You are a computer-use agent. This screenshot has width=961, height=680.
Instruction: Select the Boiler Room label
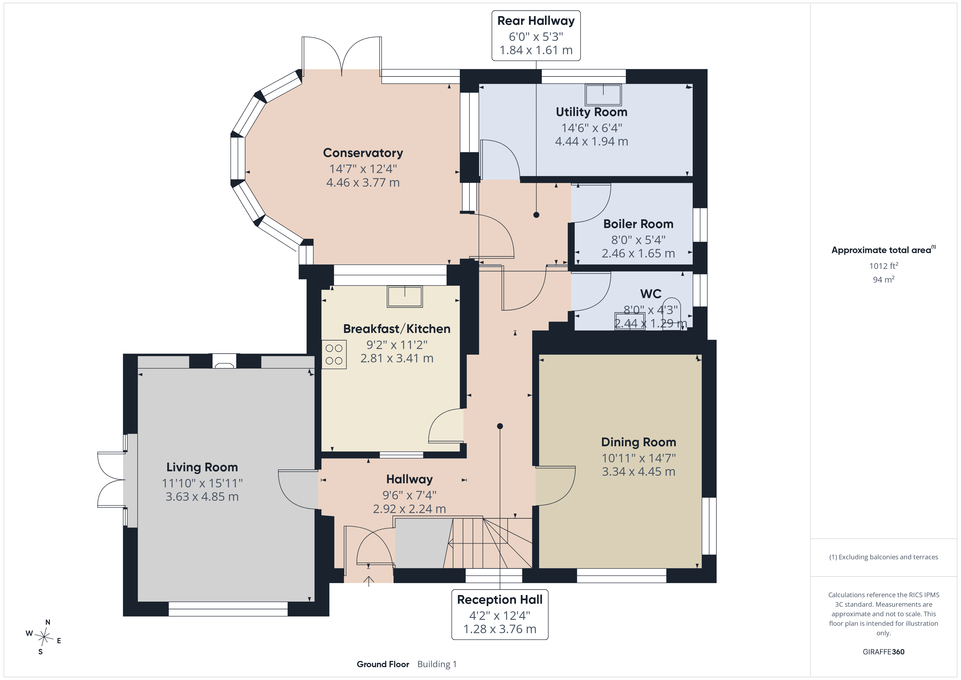coord(638,224)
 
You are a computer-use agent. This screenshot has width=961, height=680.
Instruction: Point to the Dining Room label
coord(638,442)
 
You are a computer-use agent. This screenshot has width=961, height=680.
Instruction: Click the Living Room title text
coord(202,467)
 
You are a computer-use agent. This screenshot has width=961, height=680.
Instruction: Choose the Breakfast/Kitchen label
coord(397,329)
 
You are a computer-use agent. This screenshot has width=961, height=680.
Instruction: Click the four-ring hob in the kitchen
coord(334,354)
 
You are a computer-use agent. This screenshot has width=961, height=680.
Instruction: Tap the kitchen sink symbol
coord(405,296)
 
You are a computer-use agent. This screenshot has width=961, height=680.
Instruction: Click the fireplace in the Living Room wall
coord(224,361)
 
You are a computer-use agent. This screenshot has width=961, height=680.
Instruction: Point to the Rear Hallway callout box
coord(536,36)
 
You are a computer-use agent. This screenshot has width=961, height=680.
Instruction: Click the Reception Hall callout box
coord(500,615)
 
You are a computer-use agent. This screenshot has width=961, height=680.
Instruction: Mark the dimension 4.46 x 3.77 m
coord(363,183)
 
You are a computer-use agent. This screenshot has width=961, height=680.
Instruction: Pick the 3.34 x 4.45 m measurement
coord(638,472)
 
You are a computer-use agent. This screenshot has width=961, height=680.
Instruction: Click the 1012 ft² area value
coord(884,266)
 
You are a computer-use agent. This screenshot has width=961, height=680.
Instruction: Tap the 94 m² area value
coord(884,279)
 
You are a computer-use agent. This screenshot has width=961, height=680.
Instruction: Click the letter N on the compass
coord(48,623)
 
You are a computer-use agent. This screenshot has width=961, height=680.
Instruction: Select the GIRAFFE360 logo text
coord(884,652)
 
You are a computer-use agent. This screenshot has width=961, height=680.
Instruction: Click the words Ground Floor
coord(383,664)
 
